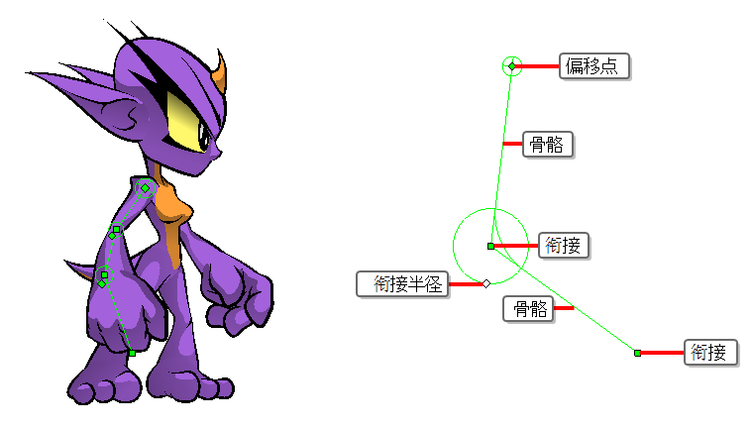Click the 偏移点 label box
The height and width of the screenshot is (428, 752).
pos(594,66)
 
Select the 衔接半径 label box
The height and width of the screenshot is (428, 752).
pos(402,284)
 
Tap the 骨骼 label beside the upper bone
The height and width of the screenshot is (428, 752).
pos(548,144)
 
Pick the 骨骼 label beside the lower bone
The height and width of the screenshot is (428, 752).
pos(528,308)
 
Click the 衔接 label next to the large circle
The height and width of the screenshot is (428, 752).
pos(564,246)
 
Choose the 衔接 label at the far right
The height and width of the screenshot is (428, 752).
pos(710,353)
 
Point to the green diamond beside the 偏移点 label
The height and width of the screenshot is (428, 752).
pos(512,66)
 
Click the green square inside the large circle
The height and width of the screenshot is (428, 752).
pos(490,246)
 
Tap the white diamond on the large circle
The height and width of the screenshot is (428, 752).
pos(486,284)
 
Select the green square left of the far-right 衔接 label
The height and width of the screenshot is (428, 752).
pos(637,353)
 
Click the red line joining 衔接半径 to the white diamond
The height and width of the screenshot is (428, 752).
pos(466,284)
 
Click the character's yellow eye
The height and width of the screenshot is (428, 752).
pos(187,121)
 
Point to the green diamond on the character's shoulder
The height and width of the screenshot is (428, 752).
pos(145,188)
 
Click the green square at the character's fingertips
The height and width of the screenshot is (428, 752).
pos(132,353)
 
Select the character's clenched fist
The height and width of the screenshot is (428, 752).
pos(240,300)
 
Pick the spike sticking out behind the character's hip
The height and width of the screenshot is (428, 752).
pos(80,270)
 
